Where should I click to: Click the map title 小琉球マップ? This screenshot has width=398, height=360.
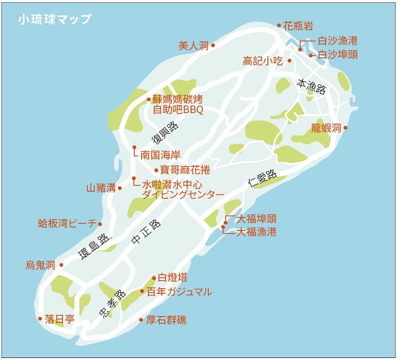[54, 20]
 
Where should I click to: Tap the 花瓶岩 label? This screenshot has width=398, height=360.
[298, 26]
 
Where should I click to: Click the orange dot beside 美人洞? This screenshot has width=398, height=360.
[213, 45]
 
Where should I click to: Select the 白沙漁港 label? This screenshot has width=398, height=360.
[338, 41]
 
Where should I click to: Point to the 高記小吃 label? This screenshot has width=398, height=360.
[263, 61]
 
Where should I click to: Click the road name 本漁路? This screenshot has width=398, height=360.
[311, 86]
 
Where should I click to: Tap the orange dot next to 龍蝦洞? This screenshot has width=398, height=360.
[345, 128]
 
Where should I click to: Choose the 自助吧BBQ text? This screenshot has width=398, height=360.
[178, 110]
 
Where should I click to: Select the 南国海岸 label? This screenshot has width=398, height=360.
[160, 154]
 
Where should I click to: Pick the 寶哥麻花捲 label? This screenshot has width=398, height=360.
[185, 170]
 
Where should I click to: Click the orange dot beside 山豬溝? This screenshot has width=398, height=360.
[120, 188]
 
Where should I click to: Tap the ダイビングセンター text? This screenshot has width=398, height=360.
[183, 195]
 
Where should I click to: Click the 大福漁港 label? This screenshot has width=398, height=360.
[256, 232]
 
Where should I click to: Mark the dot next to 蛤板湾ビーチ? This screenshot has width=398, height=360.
[100, 224]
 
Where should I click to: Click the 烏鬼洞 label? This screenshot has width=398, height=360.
[40, 265]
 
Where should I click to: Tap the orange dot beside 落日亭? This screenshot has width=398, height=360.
[40, 319]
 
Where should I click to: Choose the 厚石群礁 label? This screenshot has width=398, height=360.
[166, 320]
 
